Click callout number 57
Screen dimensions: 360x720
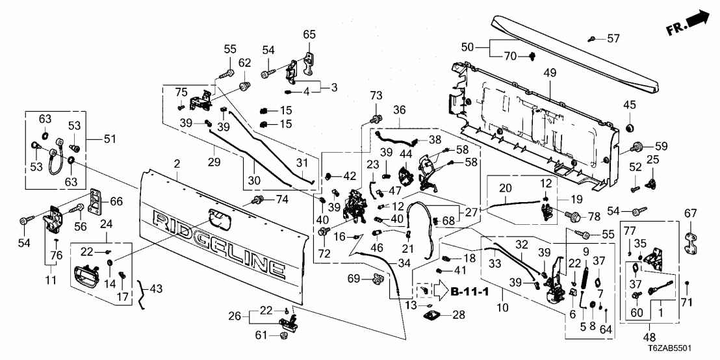click(x=614, y=39)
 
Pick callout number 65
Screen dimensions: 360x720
click(x=309, y=34)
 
